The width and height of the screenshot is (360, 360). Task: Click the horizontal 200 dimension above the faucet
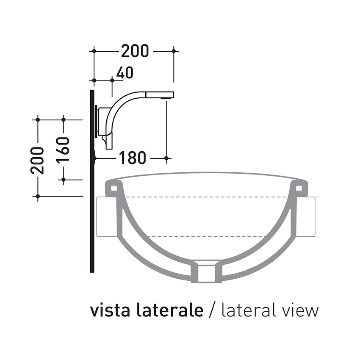click(135, 51)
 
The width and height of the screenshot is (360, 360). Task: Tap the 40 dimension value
click(125, 73)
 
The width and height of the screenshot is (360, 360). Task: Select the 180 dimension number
click(132, 158)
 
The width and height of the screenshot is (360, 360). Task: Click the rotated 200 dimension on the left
click(37, 160)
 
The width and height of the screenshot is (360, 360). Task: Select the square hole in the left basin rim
click(114, 186)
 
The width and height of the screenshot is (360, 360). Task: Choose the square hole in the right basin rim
click(299, 186)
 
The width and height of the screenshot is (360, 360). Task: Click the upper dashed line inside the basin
click(206, 197)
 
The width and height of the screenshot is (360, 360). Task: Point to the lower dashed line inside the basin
click(206, 236)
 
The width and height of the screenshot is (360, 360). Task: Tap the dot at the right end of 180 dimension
click(166, 158)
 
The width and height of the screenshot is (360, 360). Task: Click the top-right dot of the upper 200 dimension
click(174, 51)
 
